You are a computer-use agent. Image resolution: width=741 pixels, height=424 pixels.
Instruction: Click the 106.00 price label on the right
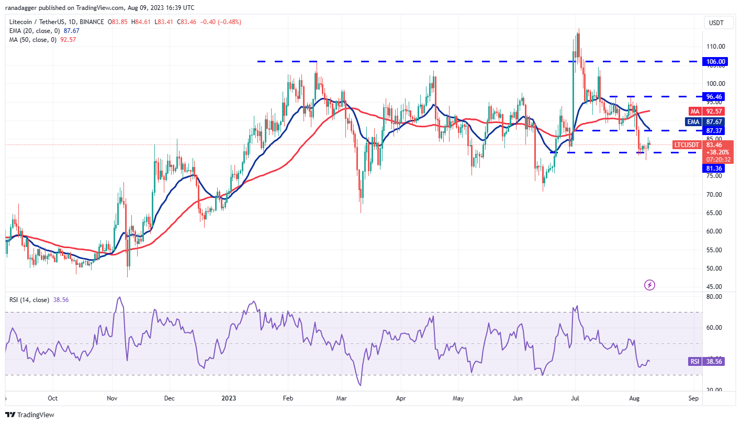click(x=715, y=62)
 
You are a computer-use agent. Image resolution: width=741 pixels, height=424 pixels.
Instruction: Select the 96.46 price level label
click(x=715, y=97)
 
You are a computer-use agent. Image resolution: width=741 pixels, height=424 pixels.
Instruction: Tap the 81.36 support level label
click(x=715, y=168)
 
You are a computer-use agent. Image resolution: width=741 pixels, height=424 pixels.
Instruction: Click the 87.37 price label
click(x=715, y=130)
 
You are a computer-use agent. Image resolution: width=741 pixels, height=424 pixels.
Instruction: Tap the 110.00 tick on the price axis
click(x=715, y=47)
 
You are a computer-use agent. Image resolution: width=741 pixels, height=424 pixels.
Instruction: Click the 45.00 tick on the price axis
click(x=715, y=287)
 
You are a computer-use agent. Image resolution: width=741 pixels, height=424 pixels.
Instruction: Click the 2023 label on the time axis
click(x=229, y=398)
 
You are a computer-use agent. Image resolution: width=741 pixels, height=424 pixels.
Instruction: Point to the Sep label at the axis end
click(x=694, y=398)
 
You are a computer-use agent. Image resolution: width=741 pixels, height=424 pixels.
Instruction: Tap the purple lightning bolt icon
click(x=649, y=285)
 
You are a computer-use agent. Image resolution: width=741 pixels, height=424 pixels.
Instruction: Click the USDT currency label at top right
click(x=716, y=23)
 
